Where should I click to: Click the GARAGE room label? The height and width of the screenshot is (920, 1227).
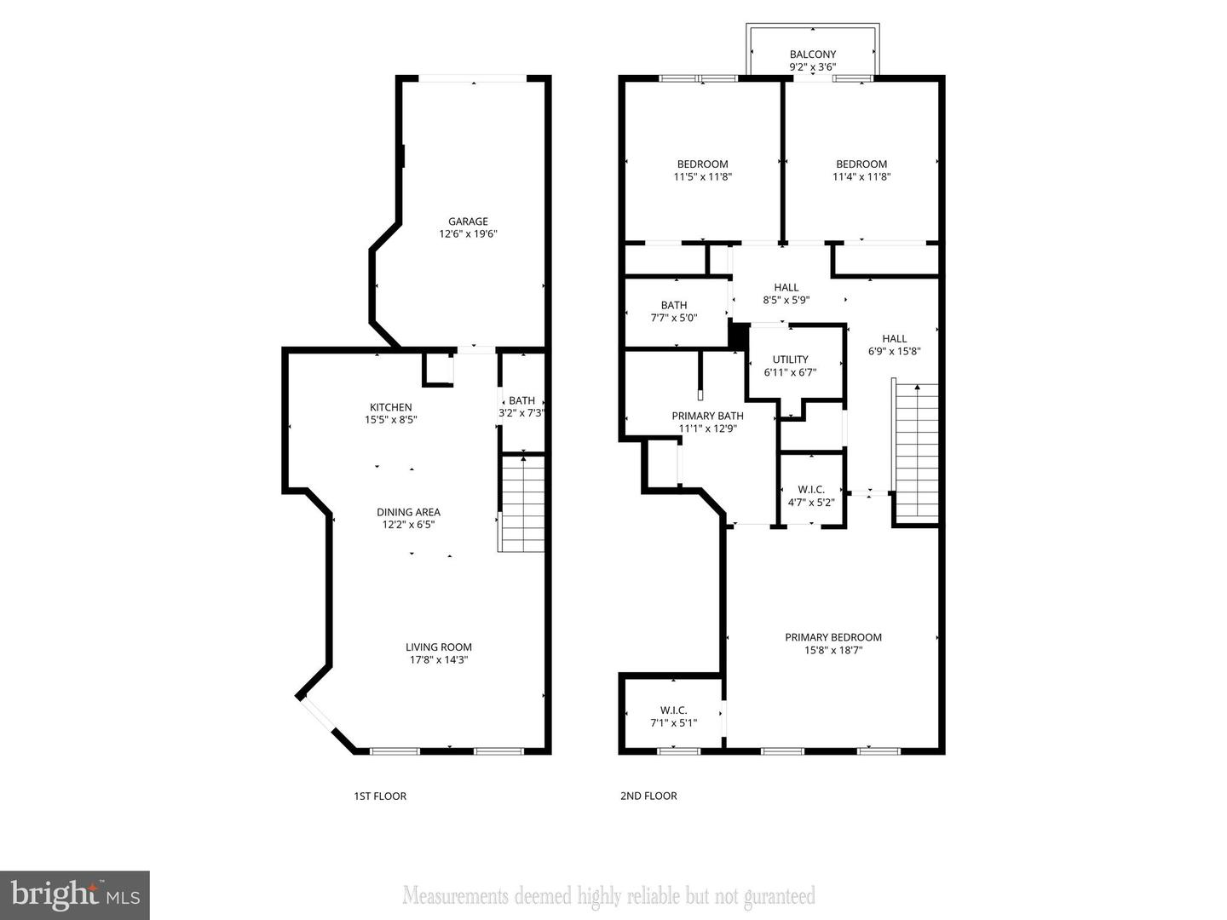[468, 221]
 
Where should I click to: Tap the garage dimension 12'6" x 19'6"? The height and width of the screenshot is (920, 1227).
[468, 234]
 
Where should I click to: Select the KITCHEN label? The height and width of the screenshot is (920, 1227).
[390, 407]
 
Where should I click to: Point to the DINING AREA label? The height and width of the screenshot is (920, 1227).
[408, 512]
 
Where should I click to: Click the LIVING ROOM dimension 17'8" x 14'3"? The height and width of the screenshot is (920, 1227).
[438, 659]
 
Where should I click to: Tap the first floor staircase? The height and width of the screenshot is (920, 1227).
[521, 503]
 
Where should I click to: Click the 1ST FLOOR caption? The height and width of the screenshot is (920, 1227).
[380, 796]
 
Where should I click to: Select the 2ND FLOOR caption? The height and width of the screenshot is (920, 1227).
[648, 796]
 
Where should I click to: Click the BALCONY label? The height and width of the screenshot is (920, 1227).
[813, 55]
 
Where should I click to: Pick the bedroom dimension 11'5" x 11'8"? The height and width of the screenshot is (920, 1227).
[703, 177]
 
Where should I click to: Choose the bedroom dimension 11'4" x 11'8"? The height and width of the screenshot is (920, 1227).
[861, 177]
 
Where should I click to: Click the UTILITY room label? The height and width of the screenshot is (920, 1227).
[790, 359]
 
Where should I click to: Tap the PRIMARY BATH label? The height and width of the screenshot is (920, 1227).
[707, 416]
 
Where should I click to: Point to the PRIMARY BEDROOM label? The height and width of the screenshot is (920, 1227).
[832, 637]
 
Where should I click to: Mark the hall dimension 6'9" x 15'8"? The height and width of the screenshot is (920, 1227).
[895, 351]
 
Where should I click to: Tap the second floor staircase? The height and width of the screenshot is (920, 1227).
[916, 451]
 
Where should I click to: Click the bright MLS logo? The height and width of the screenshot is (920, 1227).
[75, 895]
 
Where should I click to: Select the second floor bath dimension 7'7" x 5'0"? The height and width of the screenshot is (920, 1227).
[673, 318]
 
